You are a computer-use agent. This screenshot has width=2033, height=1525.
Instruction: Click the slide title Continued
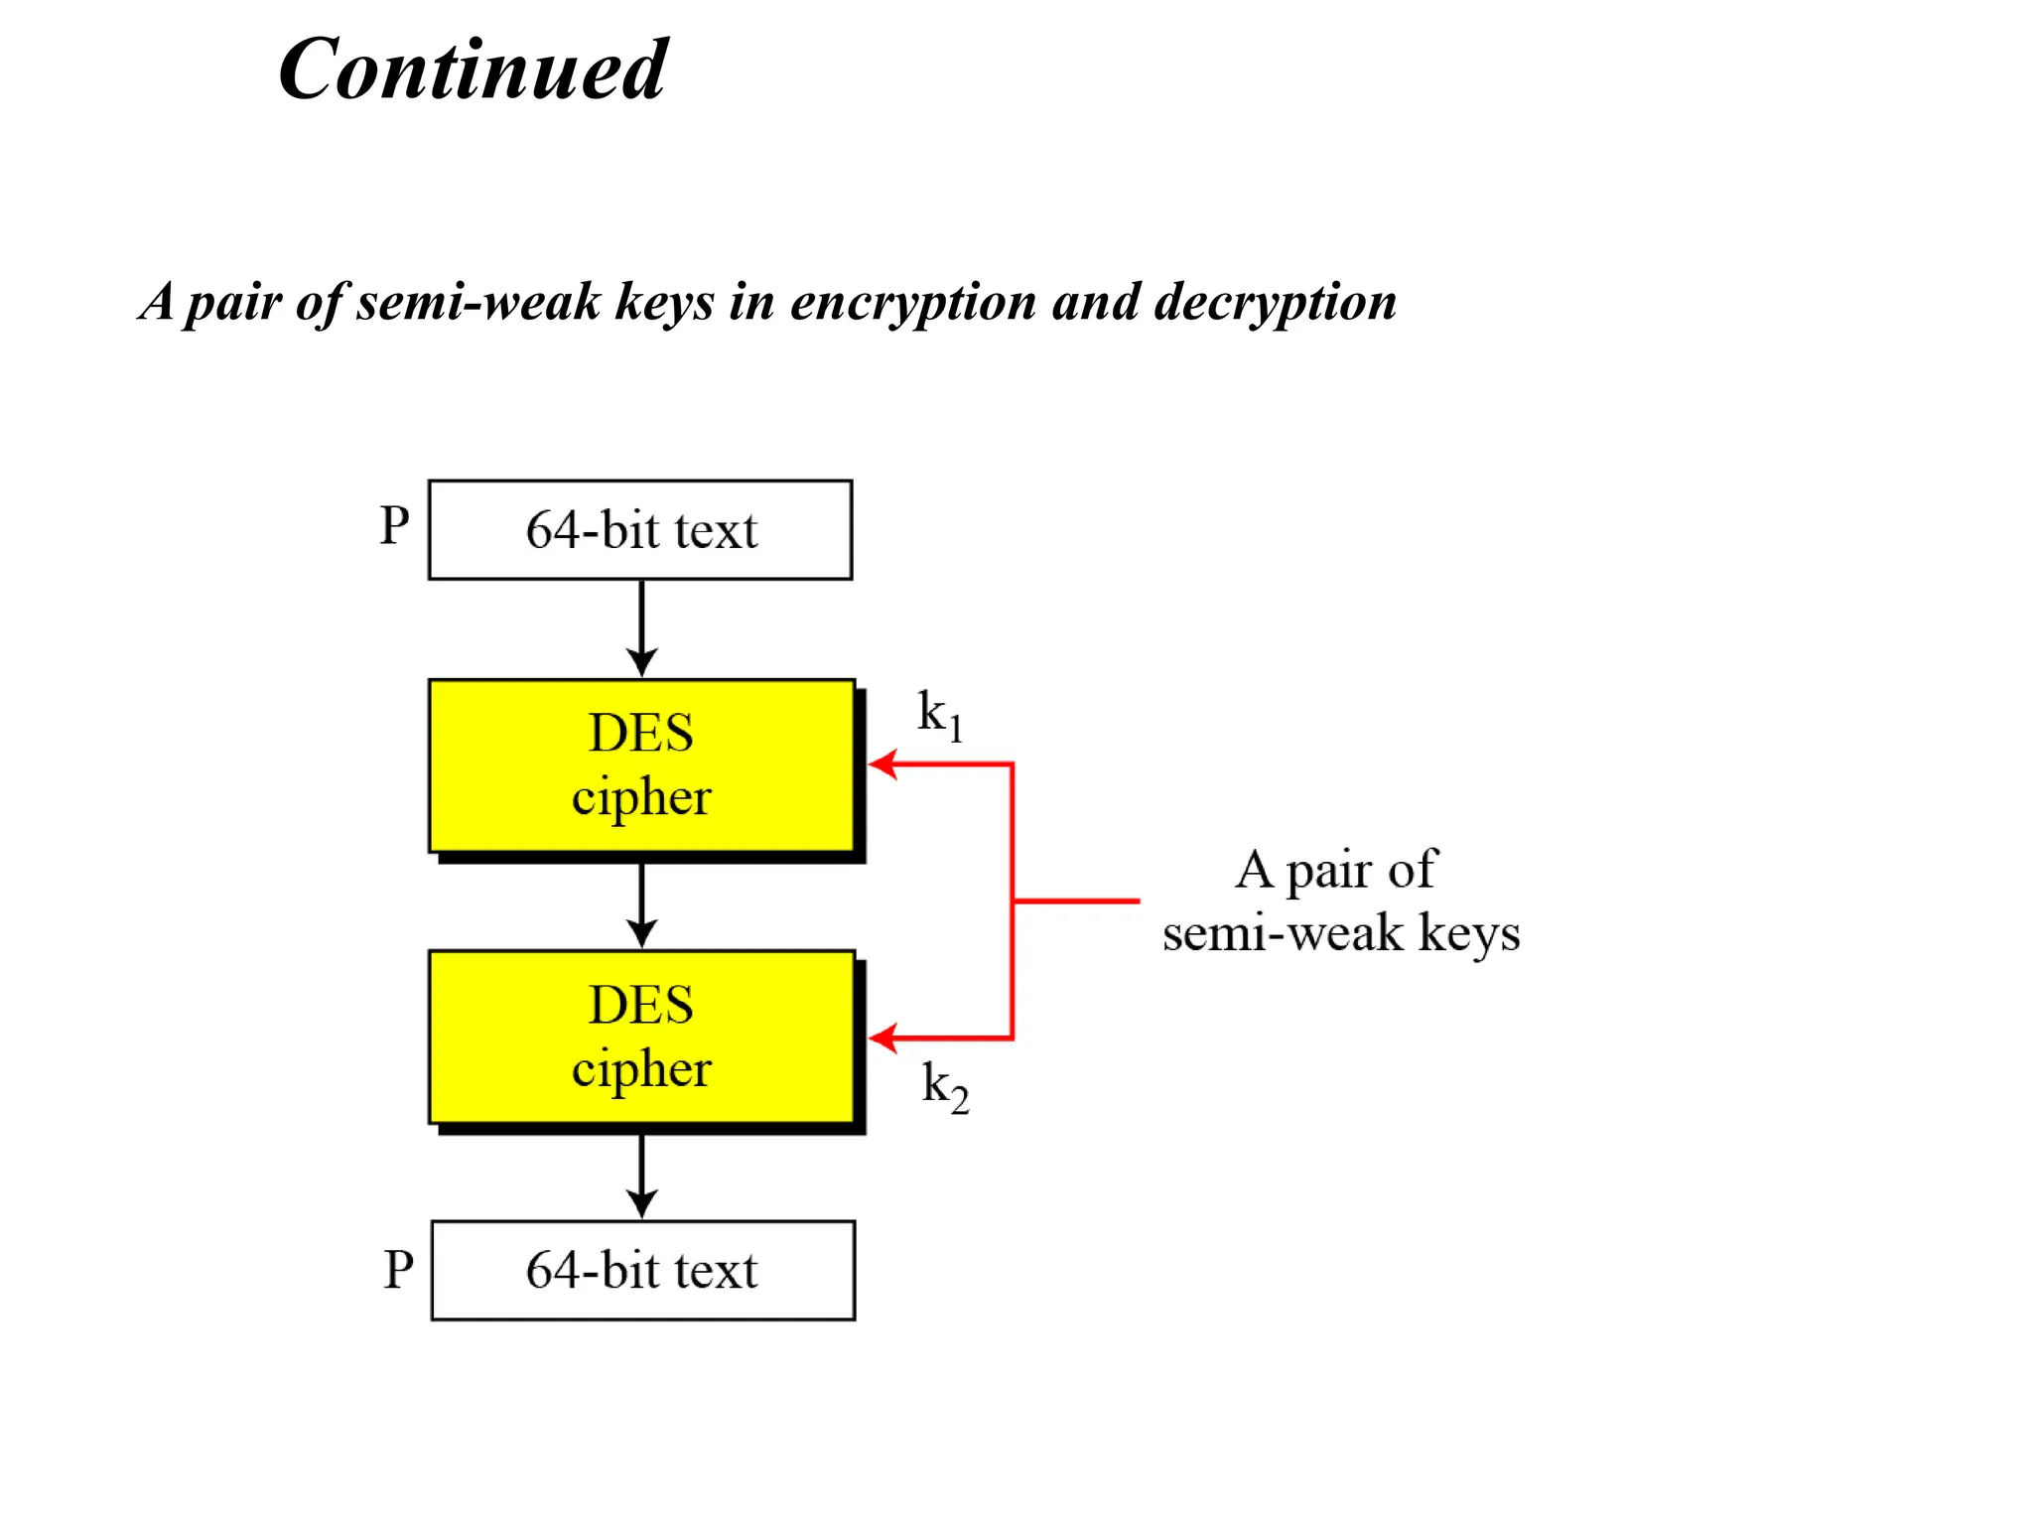point(473,69)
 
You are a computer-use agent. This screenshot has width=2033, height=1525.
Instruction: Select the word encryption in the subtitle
point(913,301)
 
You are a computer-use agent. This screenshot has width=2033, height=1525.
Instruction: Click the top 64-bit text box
point(640,530)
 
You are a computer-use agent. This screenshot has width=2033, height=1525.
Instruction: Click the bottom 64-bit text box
point(642,1270)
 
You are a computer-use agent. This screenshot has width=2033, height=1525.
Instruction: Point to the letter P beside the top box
point(394,525)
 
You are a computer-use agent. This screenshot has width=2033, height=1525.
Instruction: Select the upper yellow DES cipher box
point(641,765)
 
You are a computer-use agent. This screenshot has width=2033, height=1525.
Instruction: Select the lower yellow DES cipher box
point(641,1038)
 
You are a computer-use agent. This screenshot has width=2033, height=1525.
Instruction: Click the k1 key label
point(938,715)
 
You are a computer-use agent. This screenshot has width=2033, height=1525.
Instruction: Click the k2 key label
point(944,1086)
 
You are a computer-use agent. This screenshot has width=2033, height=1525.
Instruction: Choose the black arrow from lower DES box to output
point(641,1177)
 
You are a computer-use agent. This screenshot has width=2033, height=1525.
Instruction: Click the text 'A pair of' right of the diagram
point(1335,870)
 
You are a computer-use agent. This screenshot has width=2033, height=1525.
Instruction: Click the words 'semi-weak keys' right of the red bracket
point(1340,933)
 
